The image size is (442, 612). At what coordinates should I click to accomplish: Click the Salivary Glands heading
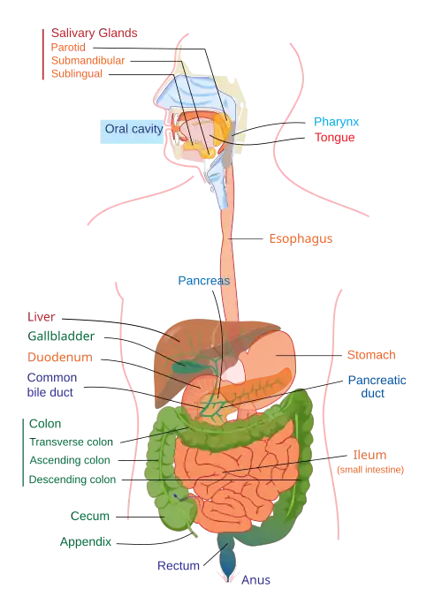coord(95,34)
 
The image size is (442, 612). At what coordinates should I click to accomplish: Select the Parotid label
coord(68,47)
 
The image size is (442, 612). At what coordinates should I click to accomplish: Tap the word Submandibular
coord(88,61)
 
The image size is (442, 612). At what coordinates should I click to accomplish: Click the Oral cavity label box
coord(132,132)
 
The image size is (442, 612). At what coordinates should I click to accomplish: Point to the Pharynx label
coord(336,122)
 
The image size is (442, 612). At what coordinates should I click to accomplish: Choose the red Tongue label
coord(334,138)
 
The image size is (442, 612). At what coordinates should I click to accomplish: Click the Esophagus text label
coord(301,238)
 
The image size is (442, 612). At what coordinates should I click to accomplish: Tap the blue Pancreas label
coord(203,281)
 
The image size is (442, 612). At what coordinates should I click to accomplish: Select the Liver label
coord(41,317)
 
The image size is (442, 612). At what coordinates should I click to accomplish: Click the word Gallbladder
coord(61,336)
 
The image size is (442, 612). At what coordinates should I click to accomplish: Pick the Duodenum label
coord(60,357)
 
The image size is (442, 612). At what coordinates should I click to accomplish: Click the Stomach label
coord(371,355)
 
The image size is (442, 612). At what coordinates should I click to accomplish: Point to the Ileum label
coord(370,455)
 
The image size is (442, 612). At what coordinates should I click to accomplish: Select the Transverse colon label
coord(71,442)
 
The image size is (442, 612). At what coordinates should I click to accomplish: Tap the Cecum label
coord(90,516)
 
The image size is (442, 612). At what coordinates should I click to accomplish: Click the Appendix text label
coord(86,541)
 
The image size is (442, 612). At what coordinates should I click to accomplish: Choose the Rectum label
coord(179,565)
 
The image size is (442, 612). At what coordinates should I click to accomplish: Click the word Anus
coord(255,580)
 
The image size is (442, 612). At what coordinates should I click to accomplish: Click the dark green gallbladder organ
coord(186,366)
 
